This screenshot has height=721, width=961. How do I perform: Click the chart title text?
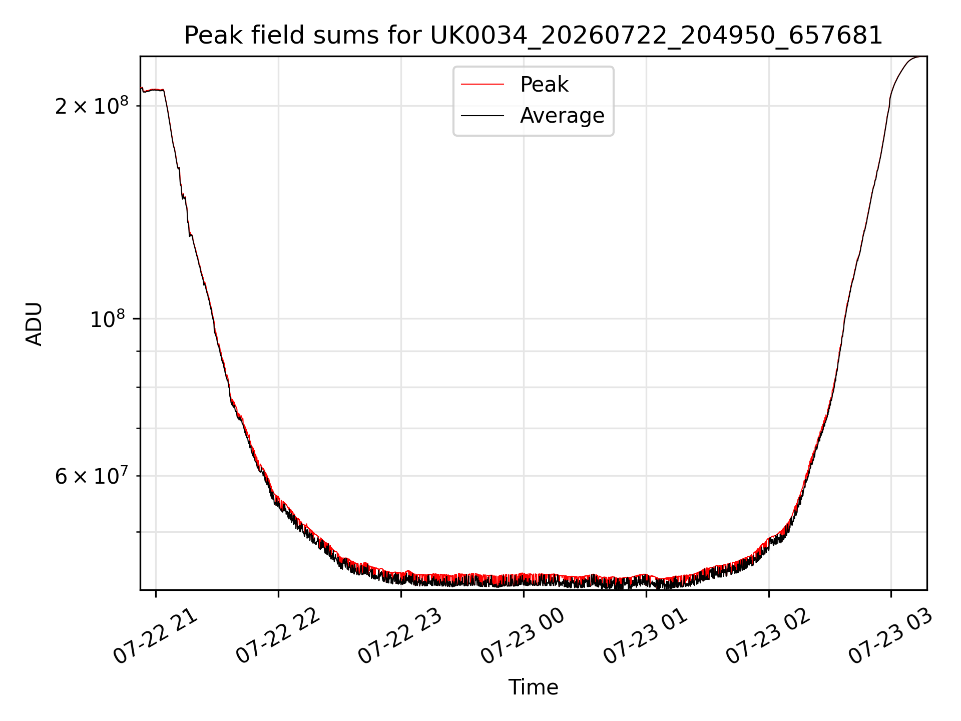533,36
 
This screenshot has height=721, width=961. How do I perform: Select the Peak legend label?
544,85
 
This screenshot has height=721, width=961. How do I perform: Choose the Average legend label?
562,116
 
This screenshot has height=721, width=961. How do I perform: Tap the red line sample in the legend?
483,85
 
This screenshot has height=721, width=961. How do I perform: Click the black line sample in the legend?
483,116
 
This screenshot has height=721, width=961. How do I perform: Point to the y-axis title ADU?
34,324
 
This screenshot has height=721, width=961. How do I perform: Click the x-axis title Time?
533,687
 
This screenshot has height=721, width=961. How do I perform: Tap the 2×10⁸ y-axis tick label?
92,105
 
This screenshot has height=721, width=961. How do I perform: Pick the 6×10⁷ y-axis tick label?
92,476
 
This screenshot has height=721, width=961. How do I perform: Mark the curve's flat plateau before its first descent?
153,90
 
